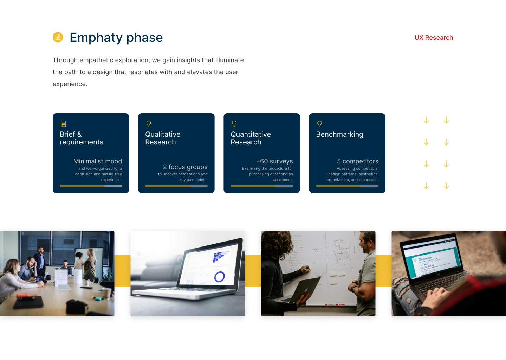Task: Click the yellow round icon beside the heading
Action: (x=58, y=37)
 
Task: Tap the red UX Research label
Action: (x=434, y=38)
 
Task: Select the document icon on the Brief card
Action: (x=63, y=124)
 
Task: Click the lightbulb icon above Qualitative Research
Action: (x=149, y=124)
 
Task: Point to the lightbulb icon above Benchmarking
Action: (x=319, y=124)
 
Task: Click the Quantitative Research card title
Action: (x=251, y=138)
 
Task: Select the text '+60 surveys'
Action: (x=274, y=161)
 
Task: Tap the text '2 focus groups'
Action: (x=185, y=167)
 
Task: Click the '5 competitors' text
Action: (x=358, y=161)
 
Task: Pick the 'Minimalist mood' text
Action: (x=98, y=161)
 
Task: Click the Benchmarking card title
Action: (x=339, y=134)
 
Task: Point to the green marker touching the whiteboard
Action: (x=306, y=269)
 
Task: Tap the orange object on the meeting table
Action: (x=26, y=295)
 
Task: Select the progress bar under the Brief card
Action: (x=91, y=186)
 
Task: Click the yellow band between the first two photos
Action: (x=122, y=271)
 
